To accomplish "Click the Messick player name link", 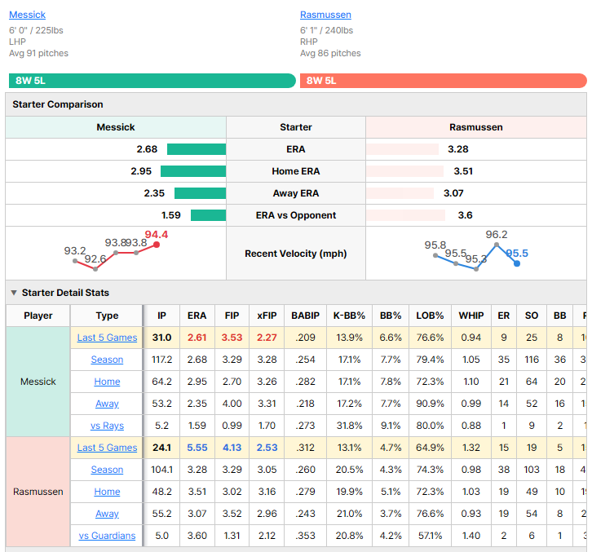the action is pyautogui.click(x=27, y=15).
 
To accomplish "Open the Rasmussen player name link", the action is pyautogui.click(x=325, y=15).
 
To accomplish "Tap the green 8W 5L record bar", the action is pyautogui.click(x=152, y=81).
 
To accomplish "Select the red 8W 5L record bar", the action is pyautogui.click(x=444, y=81).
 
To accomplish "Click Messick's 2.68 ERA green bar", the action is pyautogui.click(x=197, y=149).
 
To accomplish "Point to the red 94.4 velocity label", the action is pyautogui.click(x=157, y=235).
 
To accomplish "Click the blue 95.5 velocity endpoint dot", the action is pyautogui.click(x=517, y=263).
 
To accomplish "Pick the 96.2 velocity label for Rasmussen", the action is pyautogui.click(x=497, y=235).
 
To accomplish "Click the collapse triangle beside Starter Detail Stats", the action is pyautogui.click(x=14, y=293).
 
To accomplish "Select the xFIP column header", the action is pyautogui.click(x=267, y=316).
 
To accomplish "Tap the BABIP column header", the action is pyautogui.click(x=306, y=316).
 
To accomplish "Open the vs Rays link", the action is pyautogui.click(x=107, y=426).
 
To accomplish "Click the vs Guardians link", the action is pyautogui.click(x=107, y=536).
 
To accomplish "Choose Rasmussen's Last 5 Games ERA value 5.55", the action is pyautogui.click(x=197, y=448).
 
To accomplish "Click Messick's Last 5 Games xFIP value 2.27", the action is pyautogui.click(x=267, y=338).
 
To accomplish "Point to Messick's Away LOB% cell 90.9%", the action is pyautogui.click(x=430, y=404).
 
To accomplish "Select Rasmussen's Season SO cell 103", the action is pyautogui.click(x=532, y=470).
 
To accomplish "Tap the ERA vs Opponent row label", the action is pyautogui.click(x=296, y=215).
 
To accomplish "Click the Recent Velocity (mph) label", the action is pyautogui.click(x=296, y=254).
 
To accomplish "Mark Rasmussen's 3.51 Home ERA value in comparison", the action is pyautogui.click(x=463, y=171).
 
